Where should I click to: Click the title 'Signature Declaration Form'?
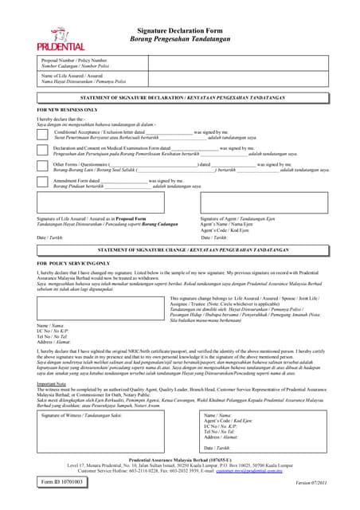click(x=180, y=29)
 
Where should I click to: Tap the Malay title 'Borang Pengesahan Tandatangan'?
click(x=180, y=38)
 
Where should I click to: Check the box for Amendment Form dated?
click(x=41, y=182)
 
